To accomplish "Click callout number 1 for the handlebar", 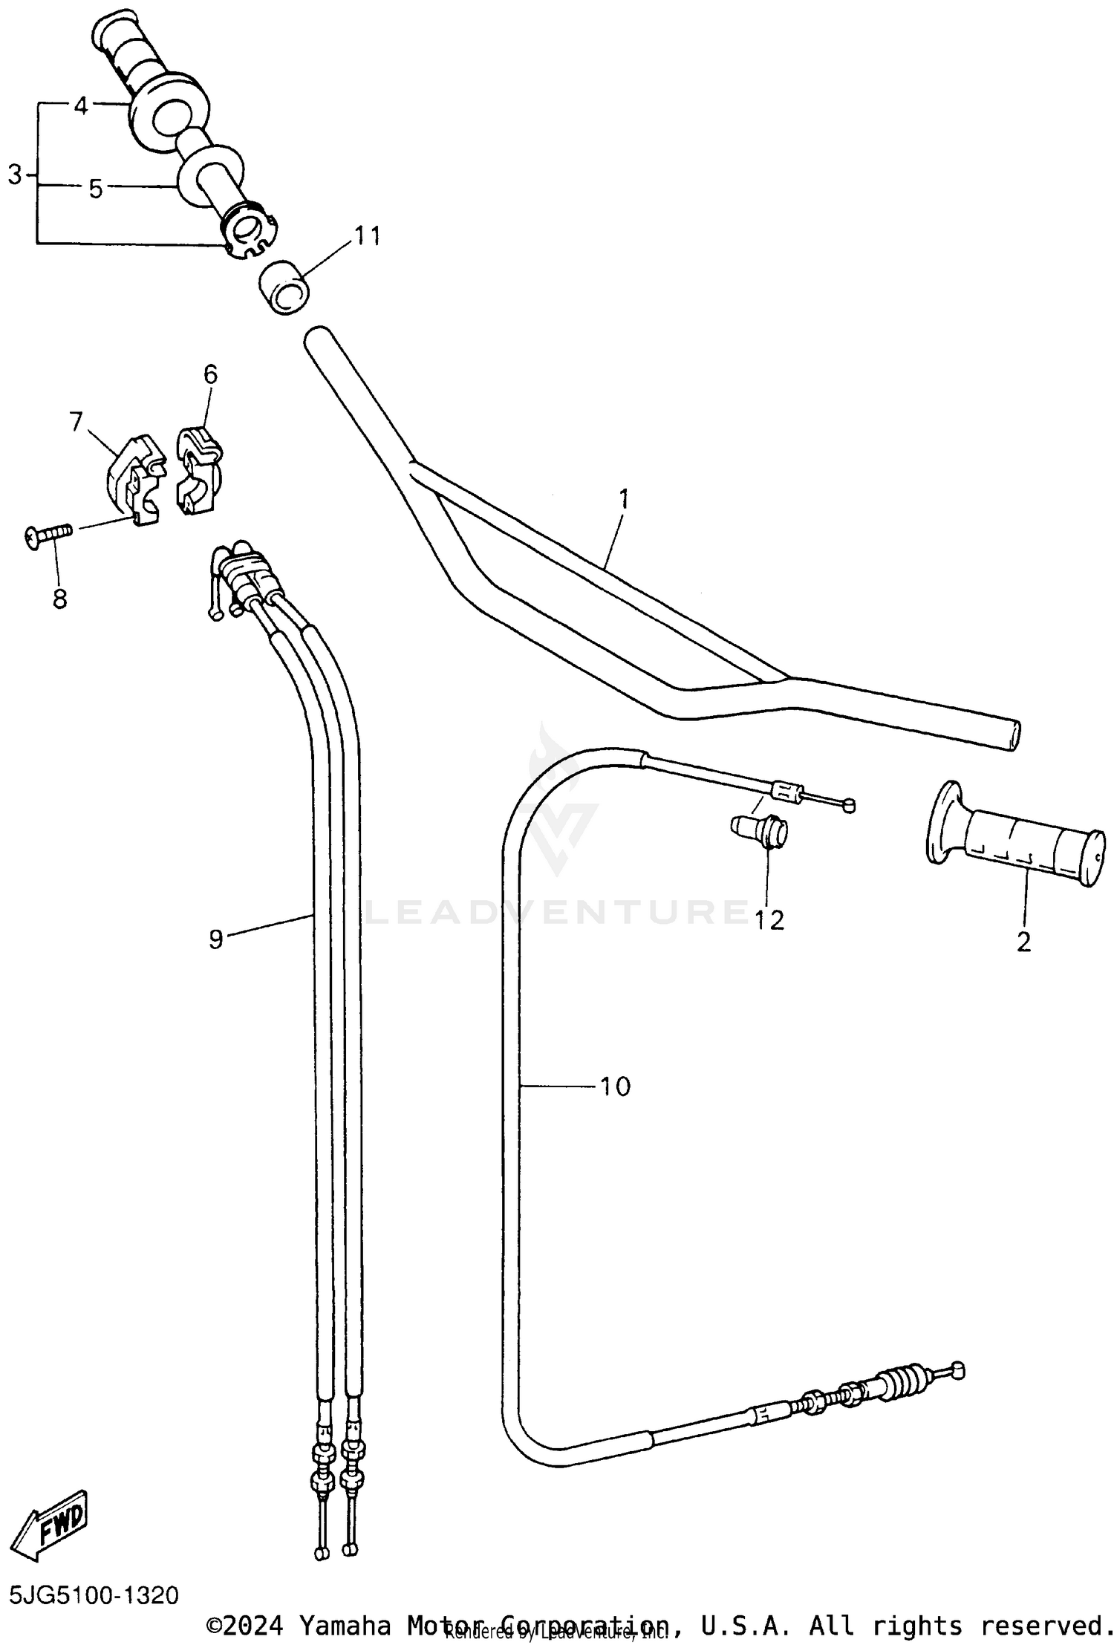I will (624, 498).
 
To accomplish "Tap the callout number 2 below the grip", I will (1023, 942).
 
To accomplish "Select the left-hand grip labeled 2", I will (1017, 835).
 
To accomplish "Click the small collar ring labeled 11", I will (284, 287).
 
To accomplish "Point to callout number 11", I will (367, 235).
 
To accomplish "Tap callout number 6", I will (210, 374).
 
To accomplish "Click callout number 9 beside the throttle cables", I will (215, 939).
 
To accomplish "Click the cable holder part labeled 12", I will (759, 831).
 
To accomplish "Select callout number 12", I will (769, 920).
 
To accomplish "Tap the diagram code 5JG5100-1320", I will (94, 1595).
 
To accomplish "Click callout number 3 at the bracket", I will (15, 175).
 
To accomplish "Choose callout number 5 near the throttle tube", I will (95, 189).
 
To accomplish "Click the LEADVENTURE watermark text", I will (557, 912).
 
